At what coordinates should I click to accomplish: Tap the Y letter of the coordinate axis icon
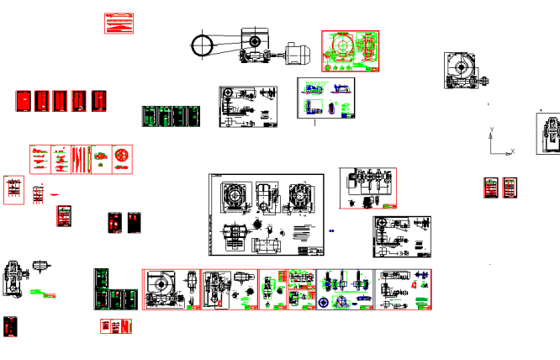point(491,130)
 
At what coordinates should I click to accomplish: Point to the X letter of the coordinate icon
point(512,151)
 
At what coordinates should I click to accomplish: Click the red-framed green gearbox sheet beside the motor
point(351,52)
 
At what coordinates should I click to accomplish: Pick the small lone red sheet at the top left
point(119,24)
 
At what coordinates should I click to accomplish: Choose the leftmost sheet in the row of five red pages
point(24,101)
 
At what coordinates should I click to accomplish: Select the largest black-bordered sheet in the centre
point(268,214)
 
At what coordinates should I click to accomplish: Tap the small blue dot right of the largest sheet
point(334,230)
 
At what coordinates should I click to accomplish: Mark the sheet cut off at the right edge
point(549,135)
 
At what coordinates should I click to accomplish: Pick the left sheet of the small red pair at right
point(491,188)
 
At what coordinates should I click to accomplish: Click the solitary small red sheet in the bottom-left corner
point(10,326)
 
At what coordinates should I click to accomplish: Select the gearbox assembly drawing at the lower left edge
point(17,278)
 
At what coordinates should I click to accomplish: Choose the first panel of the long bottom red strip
point(171,289)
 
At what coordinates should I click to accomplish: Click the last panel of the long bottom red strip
point(404,289)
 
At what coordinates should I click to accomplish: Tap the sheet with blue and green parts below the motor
point(326,98)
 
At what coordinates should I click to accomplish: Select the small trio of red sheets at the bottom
point(116,326)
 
